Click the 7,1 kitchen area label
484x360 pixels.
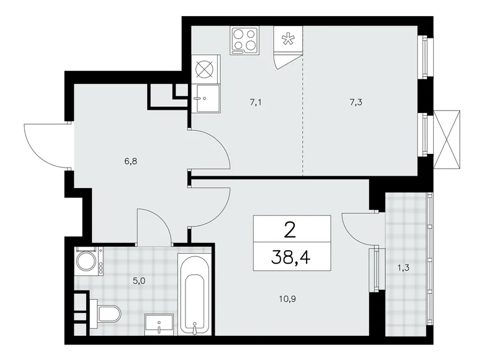pyautogui.click(x=255, y=103)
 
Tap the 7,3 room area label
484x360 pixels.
pyautogui.click(x=356, y=103)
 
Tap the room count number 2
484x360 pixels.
pyautogui.click(x=290, y=229)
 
